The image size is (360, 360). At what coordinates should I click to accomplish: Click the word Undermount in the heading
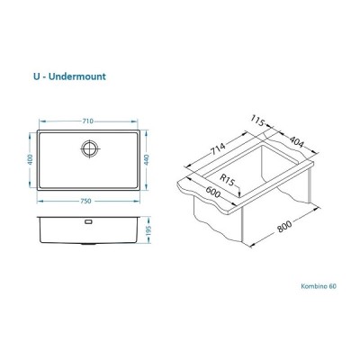[77, 76]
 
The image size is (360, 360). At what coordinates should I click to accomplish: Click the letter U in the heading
[37, 76]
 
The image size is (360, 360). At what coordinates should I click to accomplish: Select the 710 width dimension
[88, 121]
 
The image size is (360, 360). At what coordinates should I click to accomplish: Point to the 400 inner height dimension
[30, 159]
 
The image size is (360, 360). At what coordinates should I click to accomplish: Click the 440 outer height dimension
[146, 159]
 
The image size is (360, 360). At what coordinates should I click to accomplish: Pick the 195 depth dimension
[149, 230]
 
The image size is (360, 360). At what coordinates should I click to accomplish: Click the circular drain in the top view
[89, 148]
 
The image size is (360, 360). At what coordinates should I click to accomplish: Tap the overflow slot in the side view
[89, 221]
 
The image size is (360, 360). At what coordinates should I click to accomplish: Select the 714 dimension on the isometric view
[219, 148]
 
